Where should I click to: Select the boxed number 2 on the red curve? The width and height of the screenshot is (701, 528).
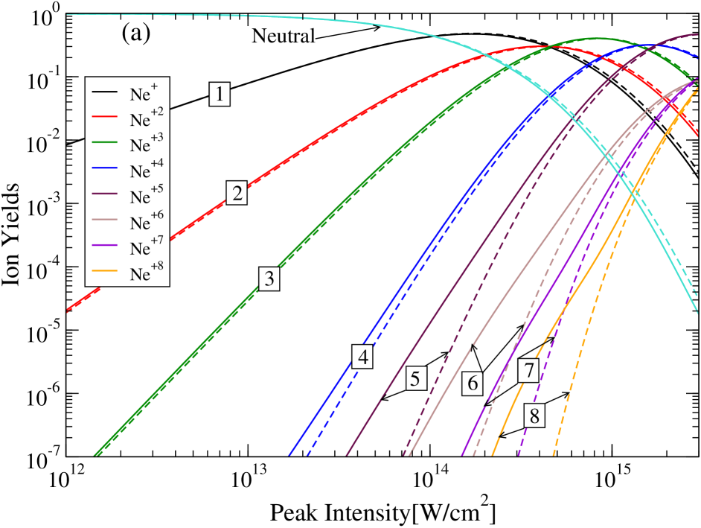coord(237,194)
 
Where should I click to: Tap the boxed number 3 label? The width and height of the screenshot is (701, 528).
coord(269,279)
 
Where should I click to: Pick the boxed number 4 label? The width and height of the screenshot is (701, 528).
coord(363,357)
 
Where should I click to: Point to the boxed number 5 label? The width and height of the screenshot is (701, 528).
coord(415,378)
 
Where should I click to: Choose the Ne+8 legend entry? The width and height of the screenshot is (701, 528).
coord(131,275)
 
